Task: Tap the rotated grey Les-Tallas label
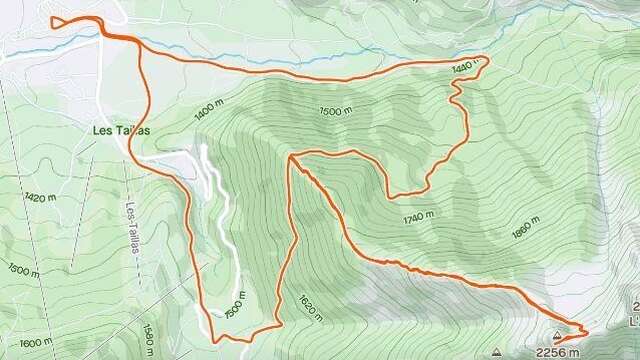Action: tap(133, 225)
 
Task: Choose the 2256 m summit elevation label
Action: tap(556, 352)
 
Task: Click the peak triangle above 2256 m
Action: tap(557, 337)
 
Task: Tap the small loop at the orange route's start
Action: tap(62, 23)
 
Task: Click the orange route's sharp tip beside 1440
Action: tap(486, 58)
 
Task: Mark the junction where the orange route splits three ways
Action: tap(290, 157)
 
